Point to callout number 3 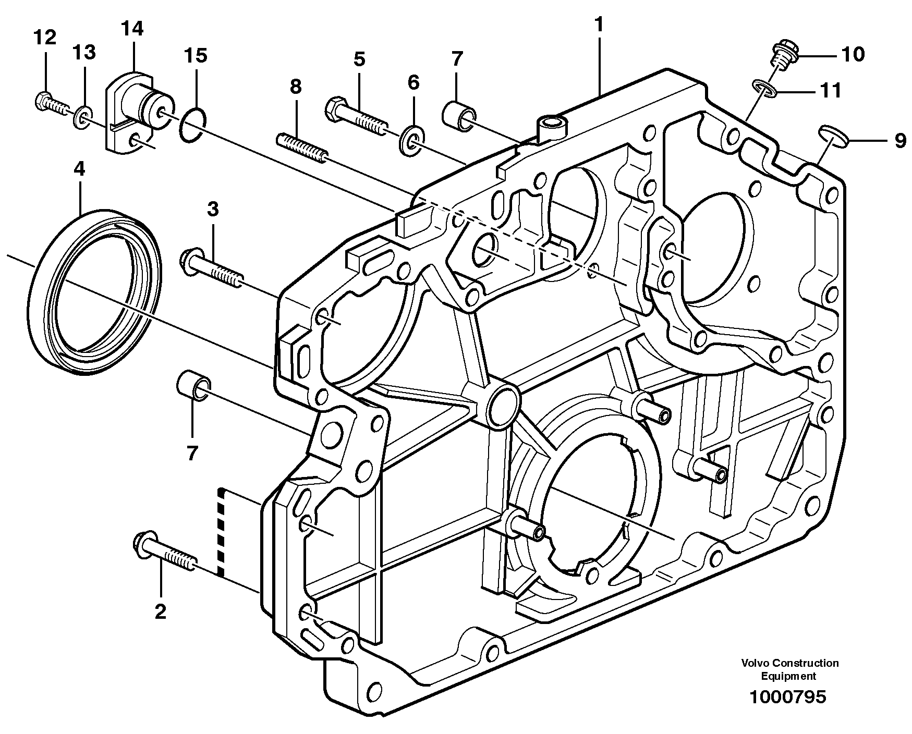coord(212,209)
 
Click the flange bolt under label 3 coord(211,269)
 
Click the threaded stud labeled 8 coord(301,148)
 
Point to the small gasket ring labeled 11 coord(765,88)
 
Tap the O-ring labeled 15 coord(192,125)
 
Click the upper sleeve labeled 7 coord(459,116)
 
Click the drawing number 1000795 coord(787,697)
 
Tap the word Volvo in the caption coord(755,664)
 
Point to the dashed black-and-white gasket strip coord(222,532)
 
